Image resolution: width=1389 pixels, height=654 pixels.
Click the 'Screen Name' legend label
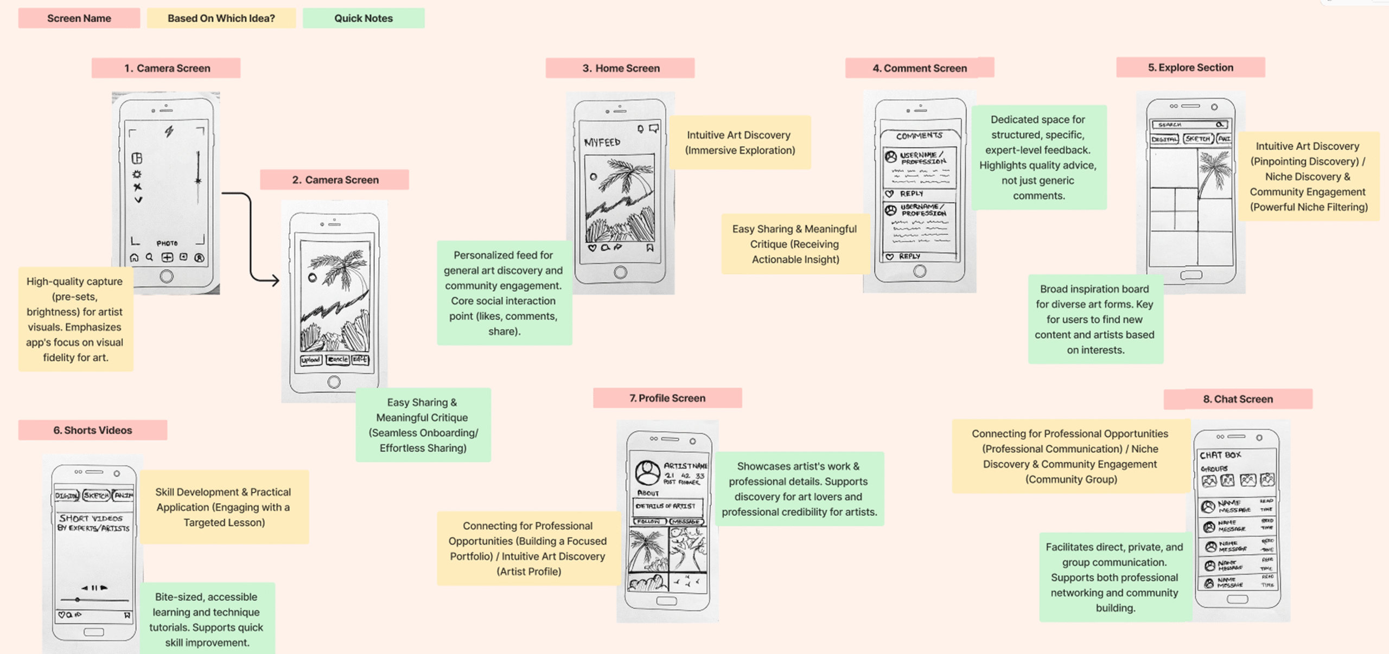[79, 18]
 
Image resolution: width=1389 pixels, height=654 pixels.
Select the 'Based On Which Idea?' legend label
[221, 18]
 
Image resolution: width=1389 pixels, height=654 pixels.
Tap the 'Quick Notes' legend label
[364, 18]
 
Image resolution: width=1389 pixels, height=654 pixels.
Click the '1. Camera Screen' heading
[167, 68]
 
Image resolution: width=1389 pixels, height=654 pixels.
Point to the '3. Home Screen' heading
[621, 68]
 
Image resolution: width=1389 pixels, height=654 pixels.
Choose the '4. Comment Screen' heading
[920, 68]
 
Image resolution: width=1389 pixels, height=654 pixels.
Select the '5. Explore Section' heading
[1190, 67]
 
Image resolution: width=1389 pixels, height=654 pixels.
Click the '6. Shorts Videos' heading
[93, 430]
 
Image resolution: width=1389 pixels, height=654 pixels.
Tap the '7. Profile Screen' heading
[667, 398]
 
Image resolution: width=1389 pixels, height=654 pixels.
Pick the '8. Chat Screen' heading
[1238, 399]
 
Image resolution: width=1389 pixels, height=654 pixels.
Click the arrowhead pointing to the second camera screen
[275, 280]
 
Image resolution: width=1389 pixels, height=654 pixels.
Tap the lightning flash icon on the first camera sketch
[169, 131]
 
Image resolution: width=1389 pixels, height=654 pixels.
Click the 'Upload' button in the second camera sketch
[311, 360]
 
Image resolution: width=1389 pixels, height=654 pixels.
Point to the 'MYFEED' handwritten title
[602, 143]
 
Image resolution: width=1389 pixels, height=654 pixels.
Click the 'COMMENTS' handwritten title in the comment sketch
[919, 136]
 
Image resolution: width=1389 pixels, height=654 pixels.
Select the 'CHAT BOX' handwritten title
[1220, 455]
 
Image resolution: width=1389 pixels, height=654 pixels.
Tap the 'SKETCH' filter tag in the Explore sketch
[1197, 139]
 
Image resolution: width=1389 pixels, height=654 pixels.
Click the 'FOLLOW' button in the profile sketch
[649, 522]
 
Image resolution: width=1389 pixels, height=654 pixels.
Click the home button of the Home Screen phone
[620, 272]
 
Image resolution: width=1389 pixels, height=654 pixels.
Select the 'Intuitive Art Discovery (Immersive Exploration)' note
[740, 143]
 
